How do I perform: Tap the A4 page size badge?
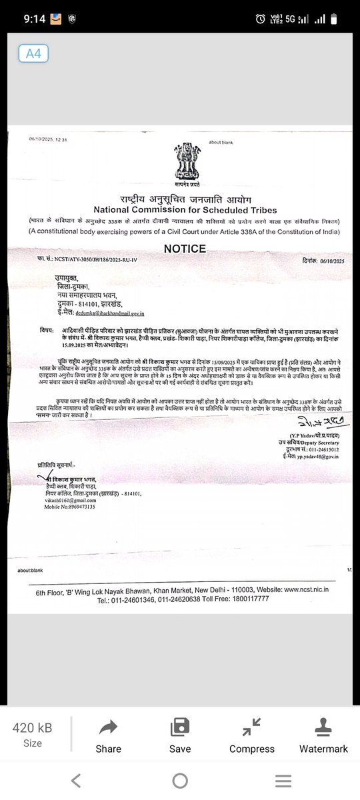(x=33, y=54)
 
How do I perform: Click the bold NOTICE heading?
(x=185, y=249)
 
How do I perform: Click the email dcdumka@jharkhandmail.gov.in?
(x=109, y=312)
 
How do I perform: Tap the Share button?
(x=108, y=736)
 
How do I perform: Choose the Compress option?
(x=252, y=736)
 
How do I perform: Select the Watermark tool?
(x=323, y=736)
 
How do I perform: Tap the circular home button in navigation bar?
(x=180, y=781)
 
